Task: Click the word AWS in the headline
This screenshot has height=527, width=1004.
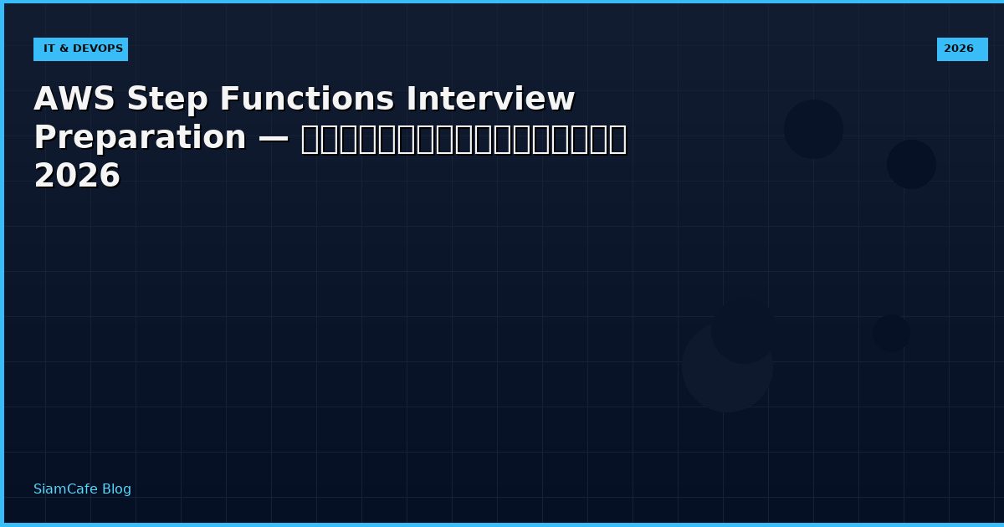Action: point(74,100)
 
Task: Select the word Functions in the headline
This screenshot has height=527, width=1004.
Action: point(307,100)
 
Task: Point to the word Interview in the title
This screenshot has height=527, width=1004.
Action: point(490,100)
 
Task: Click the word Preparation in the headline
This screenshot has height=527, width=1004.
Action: point(140,138)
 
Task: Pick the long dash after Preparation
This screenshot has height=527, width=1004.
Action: point(274,138)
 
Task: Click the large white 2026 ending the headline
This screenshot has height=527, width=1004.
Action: point(77,177)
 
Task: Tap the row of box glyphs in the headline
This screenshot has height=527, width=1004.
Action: point(464,139)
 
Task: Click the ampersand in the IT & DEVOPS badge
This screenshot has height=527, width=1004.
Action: point(64,49)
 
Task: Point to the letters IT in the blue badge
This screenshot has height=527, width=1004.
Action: point(49,49)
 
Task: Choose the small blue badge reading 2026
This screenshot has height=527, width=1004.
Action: point(961,49)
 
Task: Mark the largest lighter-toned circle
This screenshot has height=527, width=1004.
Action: point(726,368)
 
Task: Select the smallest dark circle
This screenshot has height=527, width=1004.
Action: point(891,333)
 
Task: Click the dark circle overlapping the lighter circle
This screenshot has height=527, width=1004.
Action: point(743,331)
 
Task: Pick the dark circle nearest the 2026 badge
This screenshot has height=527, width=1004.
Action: point(911,164)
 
